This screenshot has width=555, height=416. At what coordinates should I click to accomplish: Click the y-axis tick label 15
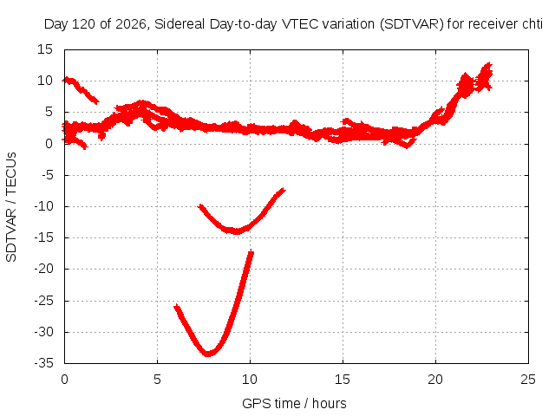[45, 49]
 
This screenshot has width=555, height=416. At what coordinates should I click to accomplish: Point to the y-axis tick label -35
[43, 363]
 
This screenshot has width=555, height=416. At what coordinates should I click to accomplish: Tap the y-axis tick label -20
[43, 269]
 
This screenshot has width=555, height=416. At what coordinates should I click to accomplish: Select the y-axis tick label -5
[47, 175]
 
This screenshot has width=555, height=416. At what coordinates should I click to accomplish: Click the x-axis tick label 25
[528, 380]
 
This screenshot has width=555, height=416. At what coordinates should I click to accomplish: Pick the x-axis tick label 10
[250, 380]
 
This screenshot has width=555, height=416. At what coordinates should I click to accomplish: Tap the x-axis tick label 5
[157, 380]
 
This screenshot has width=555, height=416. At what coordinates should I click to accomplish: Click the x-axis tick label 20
[435, 380]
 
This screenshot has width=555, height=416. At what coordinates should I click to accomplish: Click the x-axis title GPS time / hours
[294, 403]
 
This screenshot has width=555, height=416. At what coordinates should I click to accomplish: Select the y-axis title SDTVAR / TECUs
[11, 207]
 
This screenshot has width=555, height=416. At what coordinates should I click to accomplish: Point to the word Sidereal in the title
[180, 24]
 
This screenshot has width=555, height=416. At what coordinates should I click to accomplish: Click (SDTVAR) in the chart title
[412, 24]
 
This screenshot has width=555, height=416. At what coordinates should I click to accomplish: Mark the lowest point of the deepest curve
[208, 354]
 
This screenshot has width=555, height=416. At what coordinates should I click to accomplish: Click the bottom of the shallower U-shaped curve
[237, 231]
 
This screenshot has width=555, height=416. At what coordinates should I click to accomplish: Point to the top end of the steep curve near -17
[251, 251]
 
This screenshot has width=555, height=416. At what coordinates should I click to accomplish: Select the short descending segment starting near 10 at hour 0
[81, 90]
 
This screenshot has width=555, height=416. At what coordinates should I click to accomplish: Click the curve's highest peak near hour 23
[489, 63]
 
